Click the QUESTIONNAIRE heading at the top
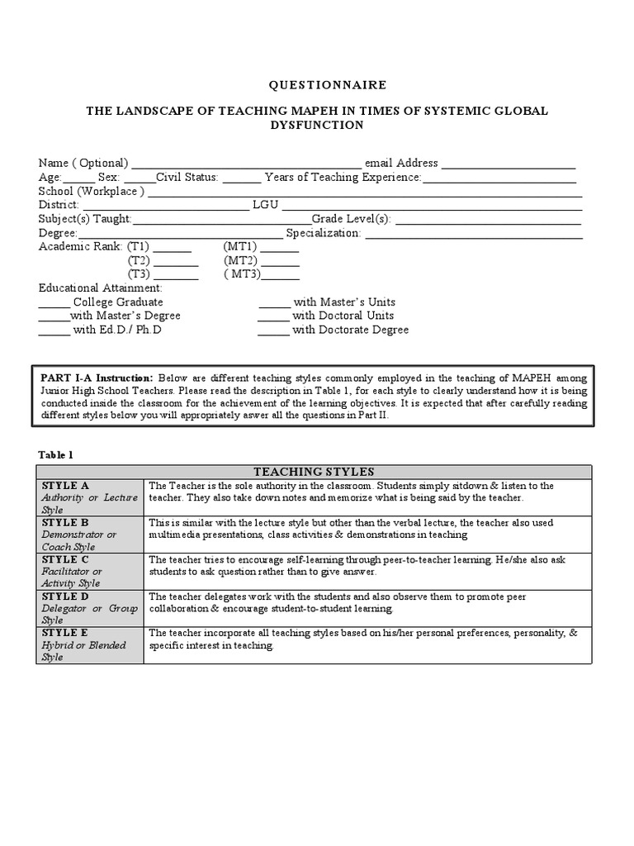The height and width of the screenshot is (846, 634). [x=317, y=85]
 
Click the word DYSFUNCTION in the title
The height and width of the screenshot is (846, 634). [x=317, y=125]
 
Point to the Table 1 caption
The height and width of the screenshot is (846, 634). [x=56, y=454]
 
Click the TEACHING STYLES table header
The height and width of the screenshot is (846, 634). [x=314, y=472]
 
